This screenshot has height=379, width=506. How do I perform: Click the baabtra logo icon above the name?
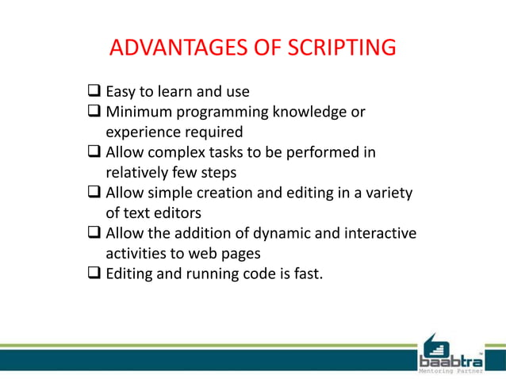[x=437, y=344]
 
